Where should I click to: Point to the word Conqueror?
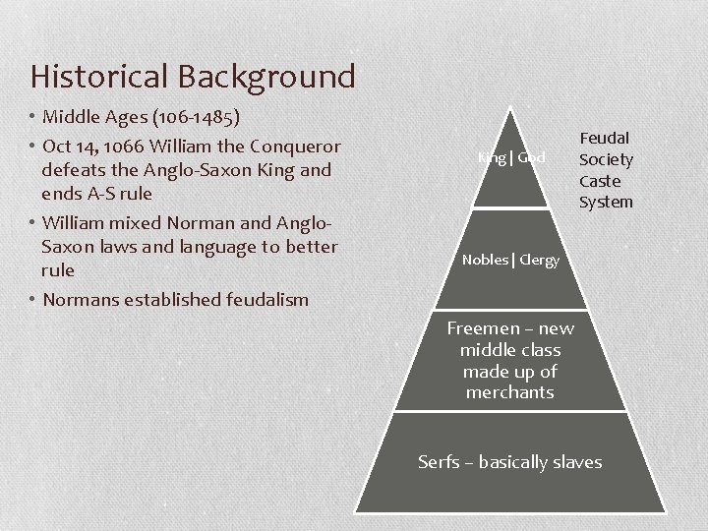click(295, 147)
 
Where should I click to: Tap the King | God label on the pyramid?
click(511, 157)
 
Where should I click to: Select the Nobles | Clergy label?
click(510, 260)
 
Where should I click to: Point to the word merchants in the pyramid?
click(510, 392)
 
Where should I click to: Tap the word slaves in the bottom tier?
click(575, 461)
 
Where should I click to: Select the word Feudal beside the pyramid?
click(605, 138)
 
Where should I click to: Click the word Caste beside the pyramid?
click(600, 181)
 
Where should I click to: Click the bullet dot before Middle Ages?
click(32, 118)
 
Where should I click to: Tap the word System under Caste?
click(606, 202)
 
